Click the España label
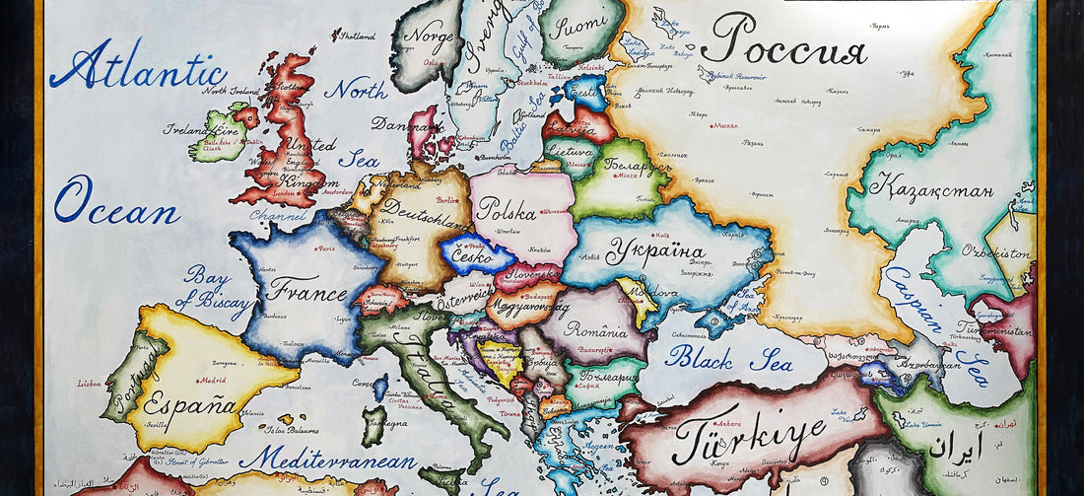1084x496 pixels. tap(189, 403)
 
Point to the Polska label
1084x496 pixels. tap(506, 210)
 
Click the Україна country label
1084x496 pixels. tap(655, 251)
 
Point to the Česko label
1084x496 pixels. tap(474, 253)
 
